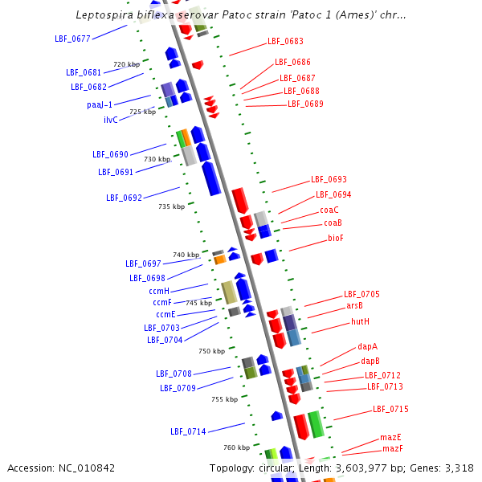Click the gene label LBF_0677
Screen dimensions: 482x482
(x=71, y=38)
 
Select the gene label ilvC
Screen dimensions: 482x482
(x=111, y=120)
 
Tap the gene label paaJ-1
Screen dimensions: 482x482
(x=100, y=104)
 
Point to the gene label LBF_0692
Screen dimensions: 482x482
(x=124, y=198)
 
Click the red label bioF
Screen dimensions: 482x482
(x=336, y=238)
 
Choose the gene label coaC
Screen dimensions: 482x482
(x=329, y=210)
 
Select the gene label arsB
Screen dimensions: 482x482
(x=354, y=305)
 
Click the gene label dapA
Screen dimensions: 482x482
(x=368, y=346)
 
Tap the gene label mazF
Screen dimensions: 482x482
(x=393, y=448)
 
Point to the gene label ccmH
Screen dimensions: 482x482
(x=159, y=291)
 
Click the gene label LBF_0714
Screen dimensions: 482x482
(x=188, y=431)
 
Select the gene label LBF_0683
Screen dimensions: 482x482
(x=285, y=41)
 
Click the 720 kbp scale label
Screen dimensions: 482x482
(x=126, y=64)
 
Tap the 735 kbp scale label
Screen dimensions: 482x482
(x=171, y=206)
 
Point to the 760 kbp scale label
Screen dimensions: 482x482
(x=237, y=447)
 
